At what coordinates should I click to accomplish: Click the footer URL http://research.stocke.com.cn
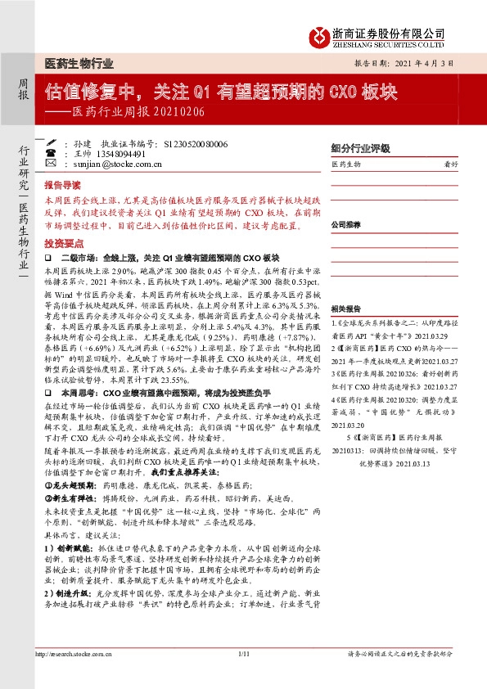[73, 678]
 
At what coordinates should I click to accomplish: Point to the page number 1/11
[243, 678]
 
